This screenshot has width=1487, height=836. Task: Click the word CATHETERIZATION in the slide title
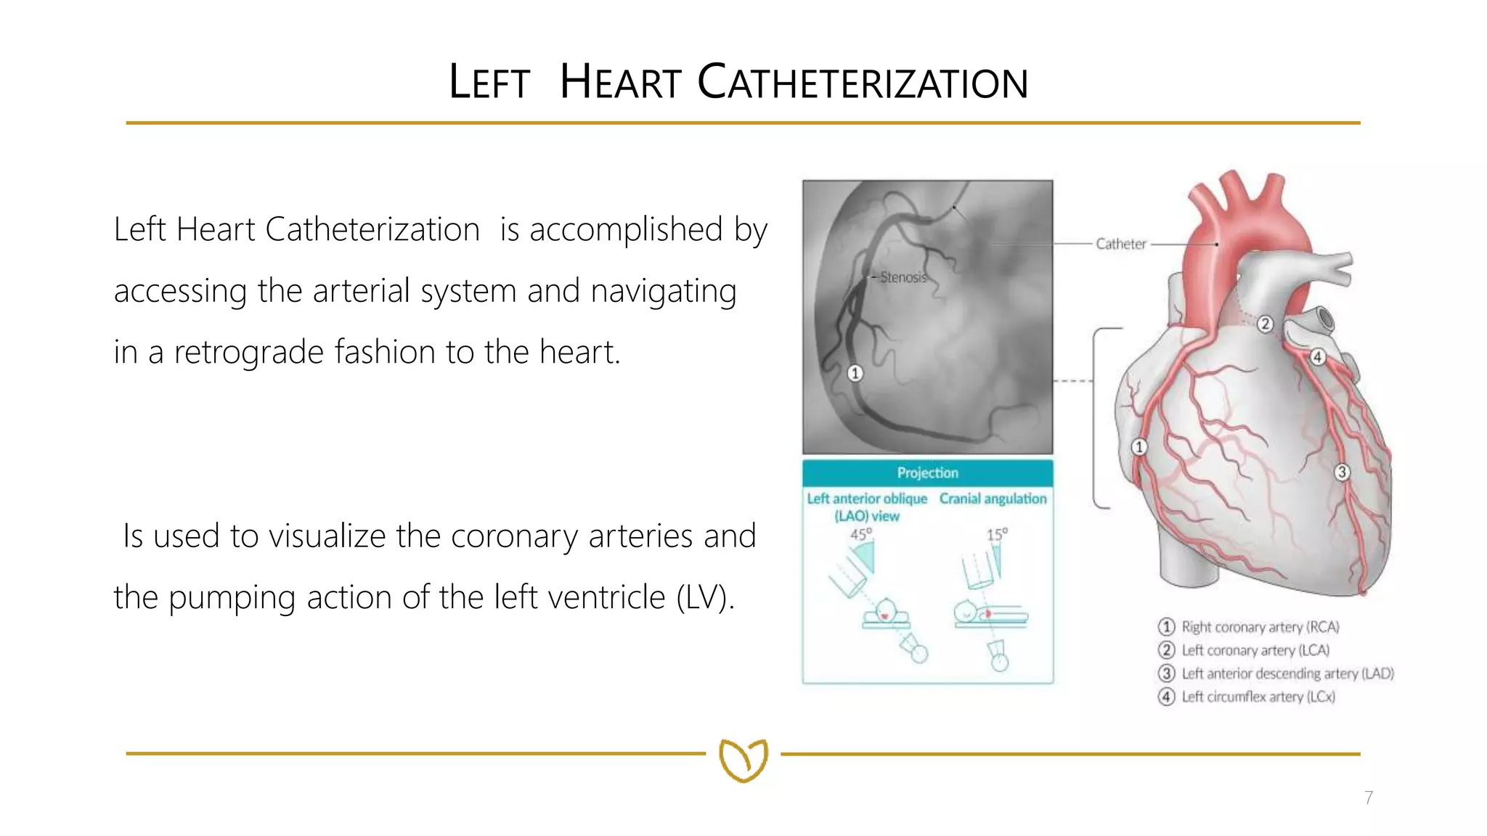863,82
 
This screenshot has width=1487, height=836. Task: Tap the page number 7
1368,798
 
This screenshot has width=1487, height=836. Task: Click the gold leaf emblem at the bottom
743,760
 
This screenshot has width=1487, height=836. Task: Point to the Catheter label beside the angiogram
1120,244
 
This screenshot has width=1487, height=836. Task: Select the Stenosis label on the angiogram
903,277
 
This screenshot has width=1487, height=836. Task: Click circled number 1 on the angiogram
855,373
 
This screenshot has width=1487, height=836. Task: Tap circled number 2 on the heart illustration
1265,324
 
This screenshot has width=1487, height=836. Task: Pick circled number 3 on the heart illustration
1342,472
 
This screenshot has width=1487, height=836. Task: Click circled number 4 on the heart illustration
1317,357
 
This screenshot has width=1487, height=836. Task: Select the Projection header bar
927,473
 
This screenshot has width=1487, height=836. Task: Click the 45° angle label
860,535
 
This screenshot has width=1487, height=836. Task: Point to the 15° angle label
997,535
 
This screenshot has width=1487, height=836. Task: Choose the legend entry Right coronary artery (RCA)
1260,627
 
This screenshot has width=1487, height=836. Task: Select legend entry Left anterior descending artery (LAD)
1287,673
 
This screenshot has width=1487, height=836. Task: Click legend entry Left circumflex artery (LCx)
1258,697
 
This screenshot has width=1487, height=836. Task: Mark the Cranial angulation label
993,499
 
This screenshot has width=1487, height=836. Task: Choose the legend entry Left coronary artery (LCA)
1255,650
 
